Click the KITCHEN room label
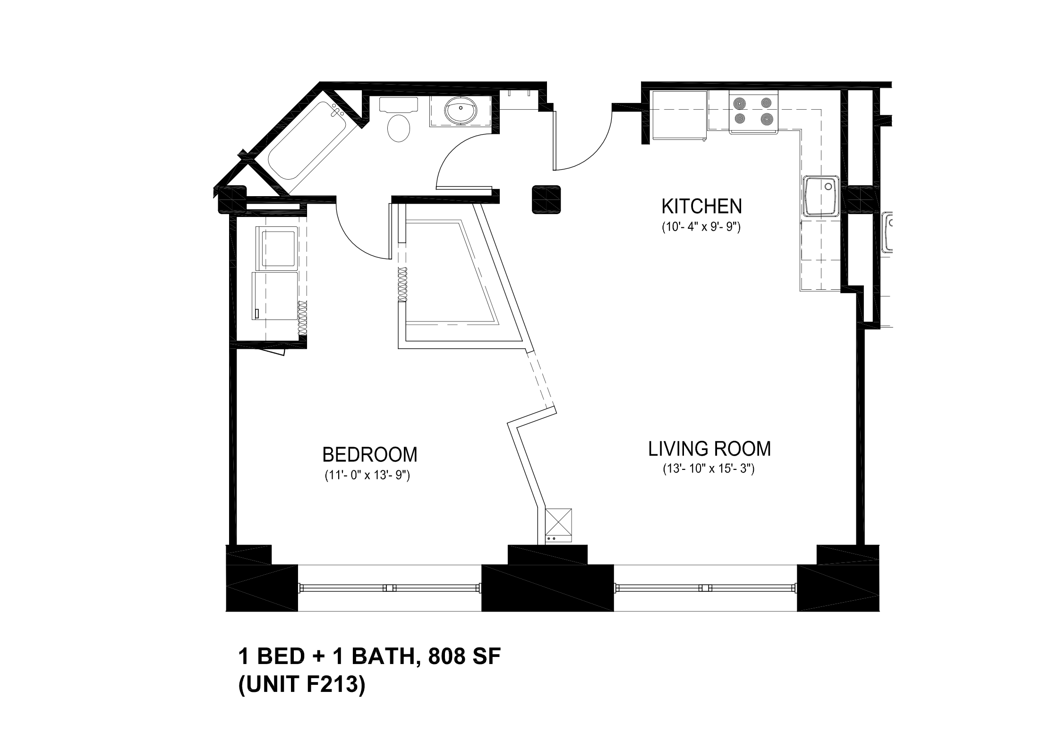coord(701,207)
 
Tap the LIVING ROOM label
coord(709,449)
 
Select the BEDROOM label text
coord(370,455)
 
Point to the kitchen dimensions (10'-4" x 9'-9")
coord(701,227)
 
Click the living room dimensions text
coord(709,469)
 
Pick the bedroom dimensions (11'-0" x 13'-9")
coord(367,475)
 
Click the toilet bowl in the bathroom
coord(399,128)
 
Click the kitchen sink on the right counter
coord(821,196)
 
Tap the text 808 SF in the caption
coord(463,657)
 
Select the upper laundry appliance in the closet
coord(276,248)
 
